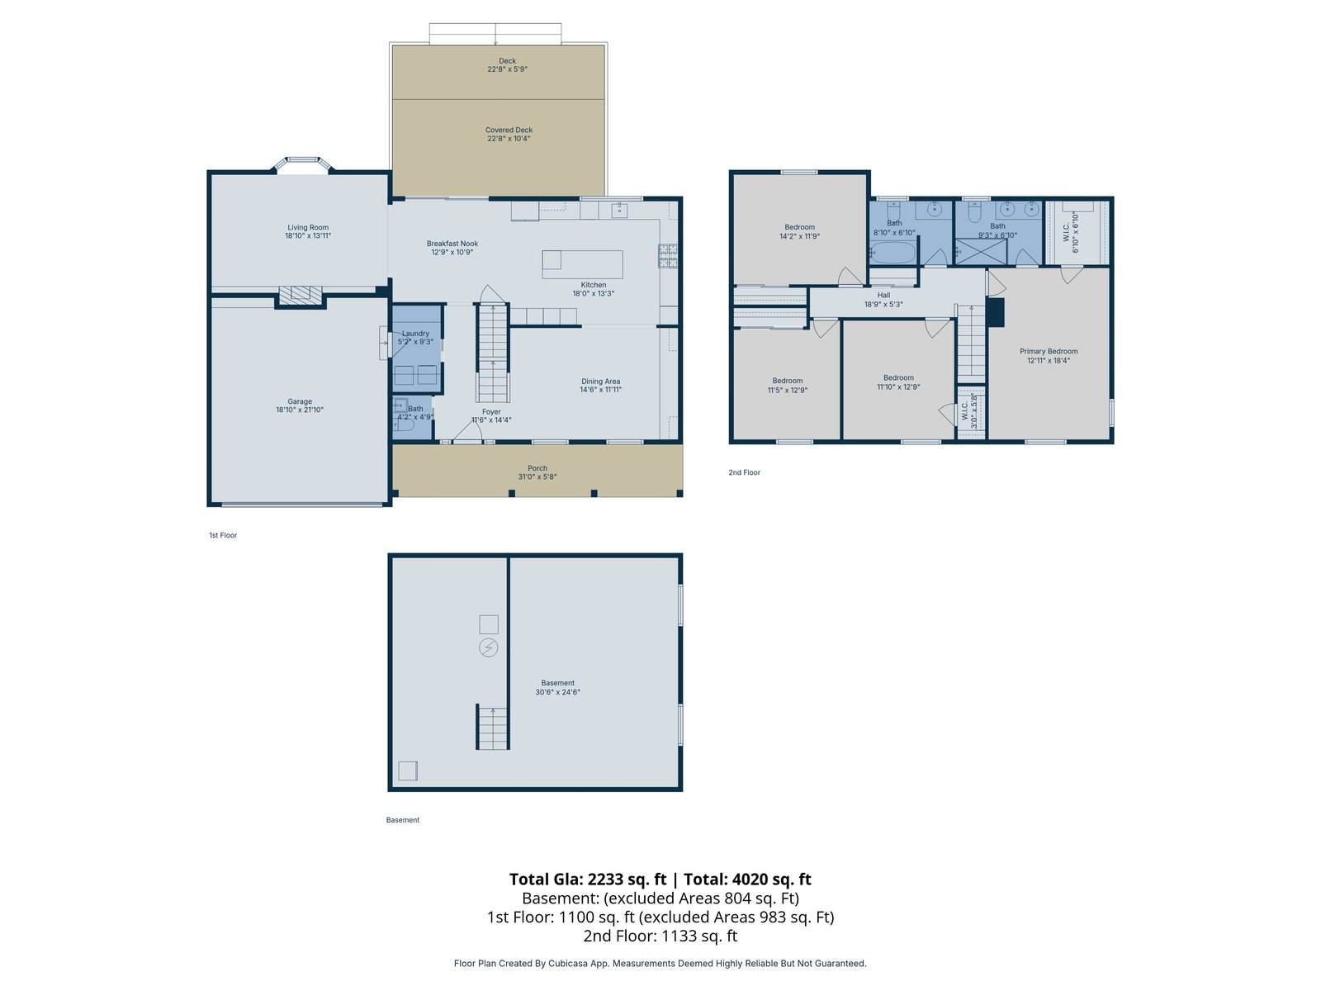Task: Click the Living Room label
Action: pyautogui.click(x=307, y=227)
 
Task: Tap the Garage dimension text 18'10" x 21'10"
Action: pyautogui.click(x=300, y=410)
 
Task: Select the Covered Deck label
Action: pyautogui.click(x=509, y=130)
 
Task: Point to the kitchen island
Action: pyautogui.click(x=582, y=265)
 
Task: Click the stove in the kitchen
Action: pyautogui.click(x=667, y=256)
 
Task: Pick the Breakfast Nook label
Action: pyautogui.click(x=452, y=244)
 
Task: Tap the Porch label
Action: pyautogui.click(x=537, y=468)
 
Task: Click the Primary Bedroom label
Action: pyautogui.click(x=1049, y=352)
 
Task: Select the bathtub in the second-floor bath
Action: pyautogui.click(x=893, y=253)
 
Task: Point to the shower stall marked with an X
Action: pyautogui.click(x=981, y=252)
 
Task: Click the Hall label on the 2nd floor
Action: pyautogui.click(x=883, y=296)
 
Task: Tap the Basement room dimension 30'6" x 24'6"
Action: pyautogui.click(x=557, y=692)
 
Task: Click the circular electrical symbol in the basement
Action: pyautogui.click(x=488, y=647)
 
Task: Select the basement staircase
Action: pyautogui.click(x=493, y=728)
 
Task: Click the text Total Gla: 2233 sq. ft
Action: pyautogui.click(x=587, y=879)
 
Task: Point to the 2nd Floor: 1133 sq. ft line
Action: pyautogui.click(x=660, y=936)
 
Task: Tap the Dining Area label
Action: pyautogui.click(x=600, y=382)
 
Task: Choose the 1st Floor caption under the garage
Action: pyautogui.click(x=223, y=535)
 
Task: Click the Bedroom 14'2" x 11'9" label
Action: pyautogui.click(x=799, y=232)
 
